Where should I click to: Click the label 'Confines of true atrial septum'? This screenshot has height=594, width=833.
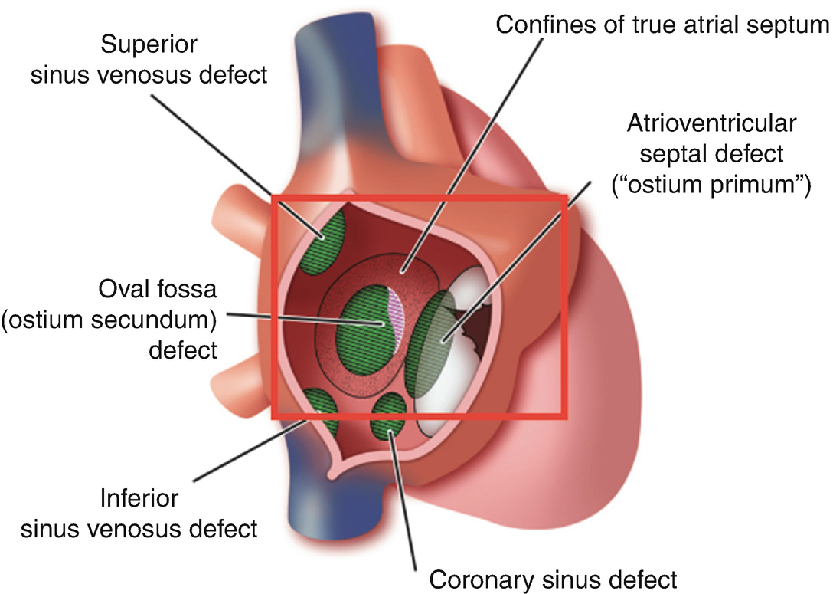[663, 25]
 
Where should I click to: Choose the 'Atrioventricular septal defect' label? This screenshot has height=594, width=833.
[705, 153]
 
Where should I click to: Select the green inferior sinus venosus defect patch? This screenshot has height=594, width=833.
[322, 411]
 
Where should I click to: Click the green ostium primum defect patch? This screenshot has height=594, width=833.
[433, 345]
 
